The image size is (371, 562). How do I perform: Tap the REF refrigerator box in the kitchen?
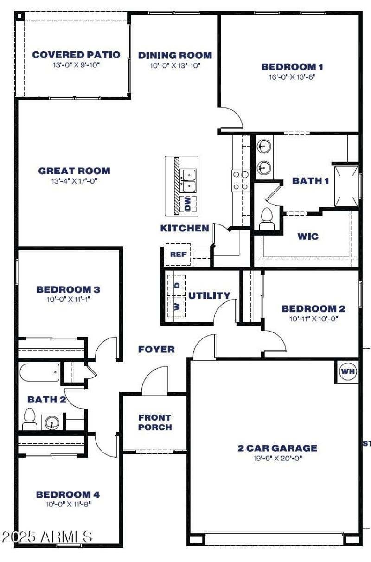(178, 255)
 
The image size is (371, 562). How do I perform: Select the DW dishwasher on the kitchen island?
(188, 204)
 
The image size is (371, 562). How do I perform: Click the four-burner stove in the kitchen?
(240, 180)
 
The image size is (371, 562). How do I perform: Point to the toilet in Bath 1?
(267, 218)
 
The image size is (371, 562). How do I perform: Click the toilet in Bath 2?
(29, 419)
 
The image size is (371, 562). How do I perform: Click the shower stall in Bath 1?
(345, 185)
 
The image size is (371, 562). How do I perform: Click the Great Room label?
(74, 171)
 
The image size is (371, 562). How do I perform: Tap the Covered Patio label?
(76, 55)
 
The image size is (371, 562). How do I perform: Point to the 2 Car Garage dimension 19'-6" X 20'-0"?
(277, 458)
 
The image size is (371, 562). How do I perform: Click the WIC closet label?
(308, 236)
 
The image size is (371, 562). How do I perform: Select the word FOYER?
(156, 350)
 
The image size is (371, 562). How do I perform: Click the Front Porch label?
(155, 422)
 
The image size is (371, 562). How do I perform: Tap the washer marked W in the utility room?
(177, 307)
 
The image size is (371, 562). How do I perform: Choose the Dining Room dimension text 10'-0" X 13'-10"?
(175, 66)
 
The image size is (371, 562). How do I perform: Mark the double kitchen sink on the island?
(188, 180)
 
